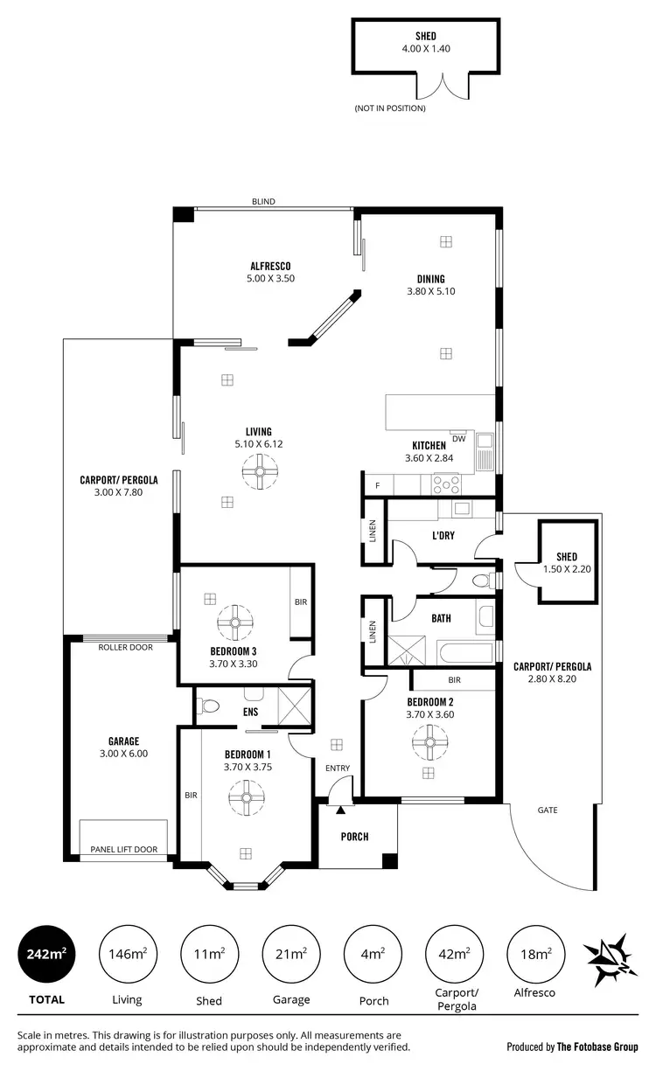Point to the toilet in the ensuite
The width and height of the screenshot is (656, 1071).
pos(207,706)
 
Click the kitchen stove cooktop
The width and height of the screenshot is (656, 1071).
pos(446,483)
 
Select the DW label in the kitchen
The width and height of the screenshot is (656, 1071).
pos(459,438)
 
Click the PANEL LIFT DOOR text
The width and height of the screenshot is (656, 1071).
pos(123,849)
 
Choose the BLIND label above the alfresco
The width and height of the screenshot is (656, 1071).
pos(263,202)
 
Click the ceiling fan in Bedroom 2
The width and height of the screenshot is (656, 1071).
pos(429,743)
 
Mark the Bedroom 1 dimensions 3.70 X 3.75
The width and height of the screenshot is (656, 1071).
pos(247,767)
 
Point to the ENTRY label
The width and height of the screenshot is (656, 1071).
pos(338,768)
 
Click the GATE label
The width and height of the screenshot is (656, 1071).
pos(548,810)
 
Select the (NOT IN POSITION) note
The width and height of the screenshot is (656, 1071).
pos(389,108)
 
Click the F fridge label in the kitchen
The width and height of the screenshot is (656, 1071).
pos(378,485)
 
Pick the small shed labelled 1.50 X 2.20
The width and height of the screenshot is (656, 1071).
pos(567,563)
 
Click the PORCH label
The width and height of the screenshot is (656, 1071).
pos(354,837)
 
